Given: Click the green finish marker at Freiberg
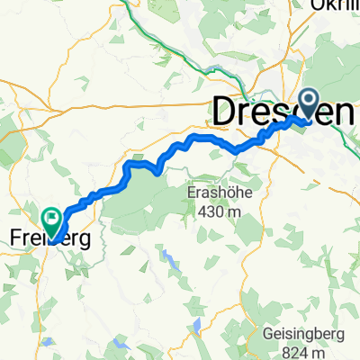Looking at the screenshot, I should [x=51, y=218].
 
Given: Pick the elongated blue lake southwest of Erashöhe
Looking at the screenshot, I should [x=168, y=260].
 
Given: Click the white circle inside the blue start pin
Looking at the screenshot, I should [x=308, y=102].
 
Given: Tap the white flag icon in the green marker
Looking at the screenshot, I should [x=51, y=216].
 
